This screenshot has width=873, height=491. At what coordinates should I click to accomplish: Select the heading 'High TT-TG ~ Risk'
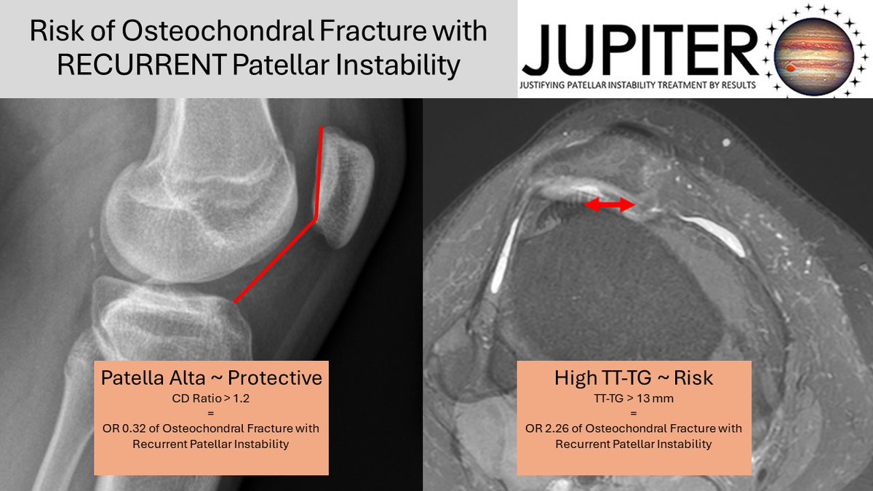click(x=634, y=378)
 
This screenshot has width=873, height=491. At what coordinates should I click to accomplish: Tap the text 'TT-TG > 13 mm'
click(x=634, y=399)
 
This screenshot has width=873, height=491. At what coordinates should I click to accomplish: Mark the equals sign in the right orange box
click(x=634, y=413)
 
